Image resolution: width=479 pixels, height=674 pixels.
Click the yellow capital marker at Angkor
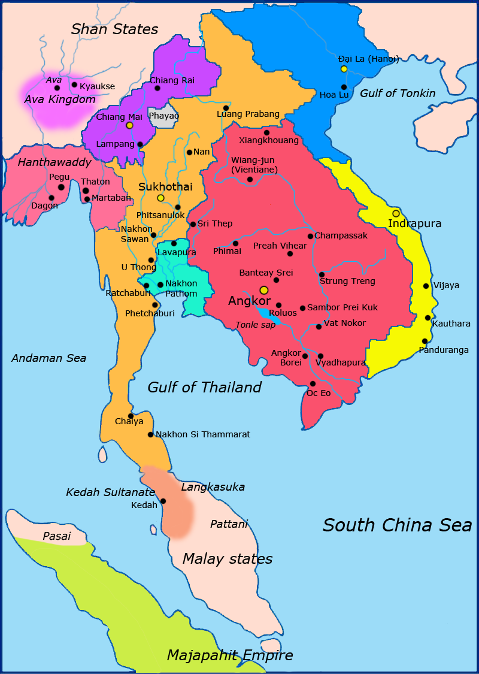tap(264, 290)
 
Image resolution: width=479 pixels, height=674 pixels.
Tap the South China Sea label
tap(397, 525)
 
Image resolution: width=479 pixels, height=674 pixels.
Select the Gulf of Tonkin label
tap(398, 93)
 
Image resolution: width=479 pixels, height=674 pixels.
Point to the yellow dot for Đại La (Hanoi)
tap(344, 69)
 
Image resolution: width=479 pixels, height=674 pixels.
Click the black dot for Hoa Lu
tap(344, 87)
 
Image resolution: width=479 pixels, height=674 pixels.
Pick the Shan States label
tap(114, 29)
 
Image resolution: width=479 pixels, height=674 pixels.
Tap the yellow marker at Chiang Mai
tap(129, 125)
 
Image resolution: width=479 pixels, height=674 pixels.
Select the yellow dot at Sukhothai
tap(160, 198)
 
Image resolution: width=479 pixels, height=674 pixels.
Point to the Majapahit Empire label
tap(230, 655)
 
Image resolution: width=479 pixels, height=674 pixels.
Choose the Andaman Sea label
tap(49, 358)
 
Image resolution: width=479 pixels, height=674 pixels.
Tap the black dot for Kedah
tap(163, 501)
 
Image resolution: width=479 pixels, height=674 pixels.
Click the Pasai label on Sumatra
tap(57, 536)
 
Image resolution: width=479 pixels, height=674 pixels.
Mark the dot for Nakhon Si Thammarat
tap(150, 434)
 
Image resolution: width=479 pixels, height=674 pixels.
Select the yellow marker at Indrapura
tap(396, 213)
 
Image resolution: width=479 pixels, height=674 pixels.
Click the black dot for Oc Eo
tap(313, 383)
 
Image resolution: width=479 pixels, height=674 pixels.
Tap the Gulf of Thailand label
tap(205, 388)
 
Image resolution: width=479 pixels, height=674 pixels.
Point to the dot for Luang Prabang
tap(226, 108)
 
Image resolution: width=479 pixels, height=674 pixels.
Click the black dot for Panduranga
tap(425, 341)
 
